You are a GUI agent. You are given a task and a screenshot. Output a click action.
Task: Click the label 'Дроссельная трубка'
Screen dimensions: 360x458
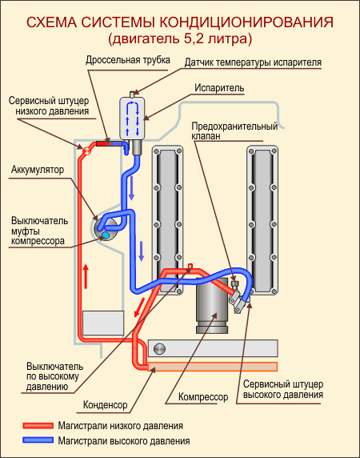tap(128, 60)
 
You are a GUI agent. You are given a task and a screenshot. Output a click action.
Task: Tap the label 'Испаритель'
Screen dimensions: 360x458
tap(219, 87)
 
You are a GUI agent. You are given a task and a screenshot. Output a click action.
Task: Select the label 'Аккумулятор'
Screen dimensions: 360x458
tap(38, 170)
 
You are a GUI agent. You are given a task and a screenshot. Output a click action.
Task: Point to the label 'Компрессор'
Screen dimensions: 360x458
tap(203, 396)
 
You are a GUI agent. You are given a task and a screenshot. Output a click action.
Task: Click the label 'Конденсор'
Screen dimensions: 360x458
tap(106, 405)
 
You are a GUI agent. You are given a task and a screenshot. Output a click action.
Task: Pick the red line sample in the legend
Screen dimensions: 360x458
tap(38, 426)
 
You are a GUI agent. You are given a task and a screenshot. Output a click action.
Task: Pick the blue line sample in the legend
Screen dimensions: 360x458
tap(38, 440)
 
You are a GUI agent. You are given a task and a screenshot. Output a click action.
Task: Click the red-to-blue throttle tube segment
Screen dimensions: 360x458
tap(109, 143)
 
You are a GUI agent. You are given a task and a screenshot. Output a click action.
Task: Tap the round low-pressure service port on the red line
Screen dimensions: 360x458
tap(86, 151)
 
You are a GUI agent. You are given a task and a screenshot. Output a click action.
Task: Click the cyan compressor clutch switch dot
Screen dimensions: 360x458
tap(106, 235)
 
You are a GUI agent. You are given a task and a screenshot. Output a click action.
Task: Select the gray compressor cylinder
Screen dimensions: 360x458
tap(212, 305)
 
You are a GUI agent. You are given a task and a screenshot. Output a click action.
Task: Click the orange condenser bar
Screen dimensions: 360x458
tap(213, 367)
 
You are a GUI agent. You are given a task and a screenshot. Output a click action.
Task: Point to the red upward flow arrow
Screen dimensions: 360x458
tap(86, 276)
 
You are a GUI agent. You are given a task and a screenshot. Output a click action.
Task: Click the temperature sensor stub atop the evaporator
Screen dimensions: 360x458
tap(132, 94)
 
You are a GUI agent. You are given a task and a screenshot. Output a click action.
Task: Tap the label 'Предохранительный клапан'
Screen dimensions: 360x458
tap(234, 131)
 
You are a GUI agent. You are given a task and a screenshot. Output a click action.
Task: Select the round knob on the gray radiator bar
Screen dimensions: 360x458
tap(159, 348)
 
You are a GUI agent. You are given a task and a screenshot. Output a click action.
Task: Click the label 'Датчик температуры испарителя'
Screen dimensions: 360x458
tap(254, 62)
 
